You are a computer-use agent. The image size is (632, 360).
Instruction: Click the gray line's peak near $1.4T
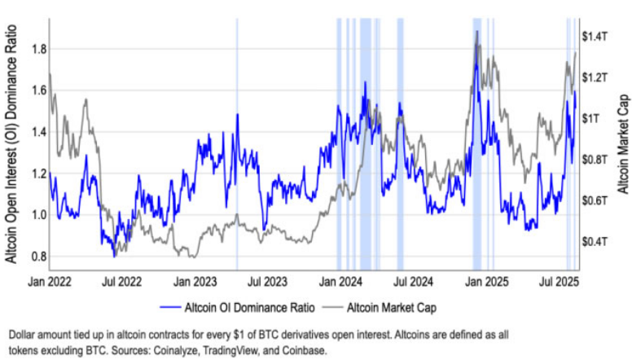pos(476,32)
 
